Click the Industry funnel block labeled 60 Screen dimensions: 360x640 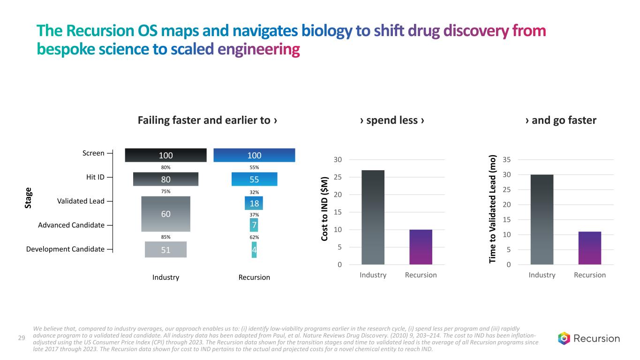pyautogui.click(x=166, y=214)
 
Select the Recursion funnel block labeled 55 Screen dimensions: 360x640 pyautogui.click(x=254, y=179)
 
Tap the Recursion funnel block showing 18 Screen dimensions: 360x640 pyautogui.click(x=254, y=203)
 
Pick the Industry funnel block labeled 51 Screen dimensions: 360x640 pyautogui.click(x=166, y=249)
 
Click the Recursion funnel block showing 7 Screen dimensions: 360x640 pyautogui.click(x=254, y=225)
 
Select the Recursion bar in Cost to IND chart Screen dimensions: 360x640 pyautogui.click(x=421, y=247)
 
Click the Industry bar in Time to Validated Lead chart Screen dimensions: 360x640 pyautogui.click(x=542, y=219)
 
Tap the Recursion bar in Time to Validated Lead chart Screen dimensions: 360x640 pyautogui.click(x=589, y=248)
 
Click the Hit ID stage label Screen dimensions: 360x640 pyautogui.click(x=96, y=177)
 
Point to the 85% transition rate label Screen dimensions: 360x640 pyautogui.click(x=166, y=237)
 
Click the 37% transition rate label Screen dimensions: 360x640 pyautogui.click(x=254, y=215)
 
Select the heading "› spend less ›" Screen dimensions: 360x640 pyautogui.click(x=392, y=120)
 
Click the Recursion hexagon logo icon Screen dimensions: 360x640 pyautogui.click(x=564, y=338)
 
